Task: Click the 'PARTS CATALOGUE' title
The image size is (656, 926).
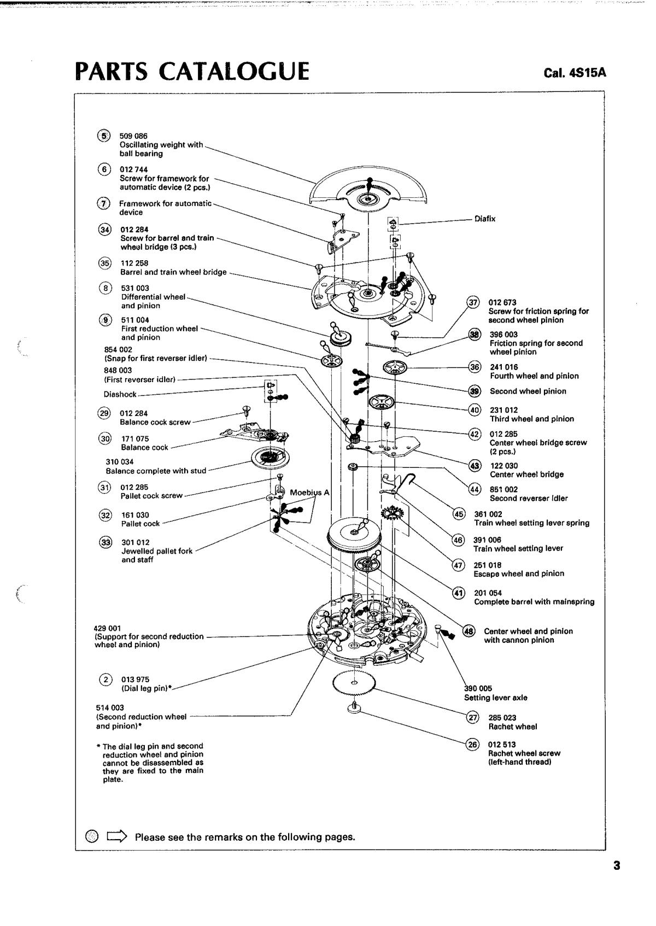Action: tap(192, 72)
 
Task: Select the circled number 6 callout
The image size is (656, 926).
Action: tap(104, 169)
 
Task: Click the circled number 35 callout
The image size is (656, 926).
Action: tap(104, 263)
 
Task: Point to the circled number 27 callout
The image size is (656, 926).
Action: tap(472, 717)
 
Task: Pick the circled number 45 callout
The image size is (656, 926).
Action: tap(459, 514)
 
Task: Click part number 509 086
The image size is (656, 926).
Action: tap(133, 136)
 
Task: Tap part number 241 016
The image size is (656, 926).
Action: tap(503, 367)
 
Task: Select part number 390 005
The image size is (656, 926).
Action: tap(478, 688)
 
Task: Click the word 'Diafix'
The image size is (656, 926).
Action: tap(485, 219)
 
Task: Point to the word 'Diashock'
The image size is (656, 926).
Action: tap(120, 394)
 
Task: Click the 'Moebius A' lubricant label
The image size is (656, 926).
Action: tap(309, 493)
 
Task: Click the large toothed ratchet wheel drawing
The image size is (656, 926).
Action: tap(354, 683)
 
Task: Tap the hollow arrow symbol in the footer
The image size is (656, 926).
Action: tap(117, 836)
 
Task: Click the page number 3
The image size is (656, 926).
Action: tap(617, 865)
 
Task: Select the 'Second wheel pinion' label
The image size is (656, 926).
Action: tap(528, 391)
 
